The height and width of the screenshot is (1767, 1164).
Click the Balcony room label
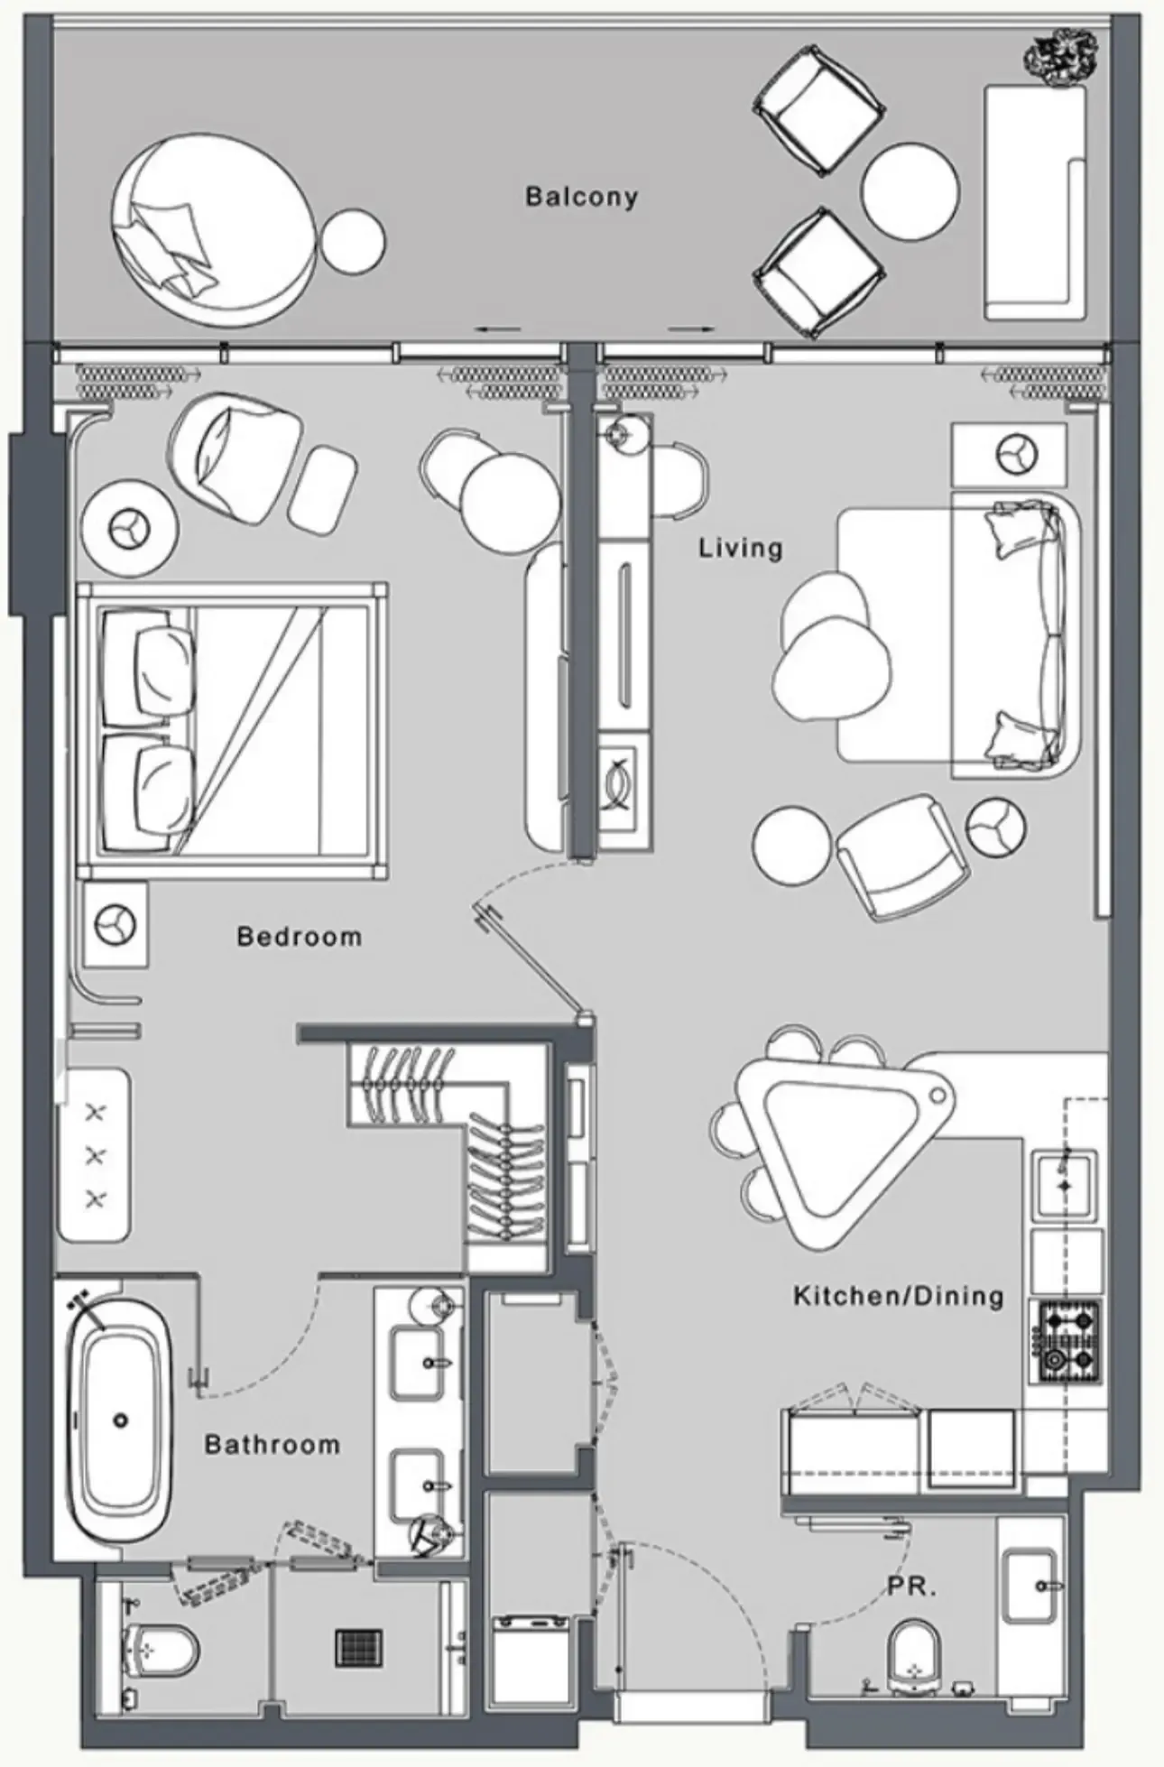(x=581, y=197)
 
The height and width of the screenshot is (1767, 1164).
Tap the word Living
(x=741, y=548)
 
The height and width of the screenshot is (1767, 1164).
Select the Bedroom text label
(x=299, y=937)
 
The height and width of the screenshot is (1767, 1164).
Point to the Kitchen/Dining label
(x=899, y=1297)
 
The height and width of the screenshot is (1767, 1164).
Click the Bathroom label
(x=273, y=1445)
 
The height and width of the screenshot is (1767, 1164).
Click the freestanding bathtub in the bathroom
(x=121, y=1420)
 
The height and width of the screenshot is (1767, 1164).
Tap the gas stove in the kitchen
(x=1069, y=1342)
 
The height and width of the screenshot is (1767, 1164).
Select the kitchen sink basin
(x=1066, y=1184)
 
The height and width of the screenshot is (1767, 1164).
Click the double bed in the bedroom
(x=233, y=731)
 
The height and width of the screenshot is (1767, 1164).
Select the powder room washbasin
(x=1031, y=1585)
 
